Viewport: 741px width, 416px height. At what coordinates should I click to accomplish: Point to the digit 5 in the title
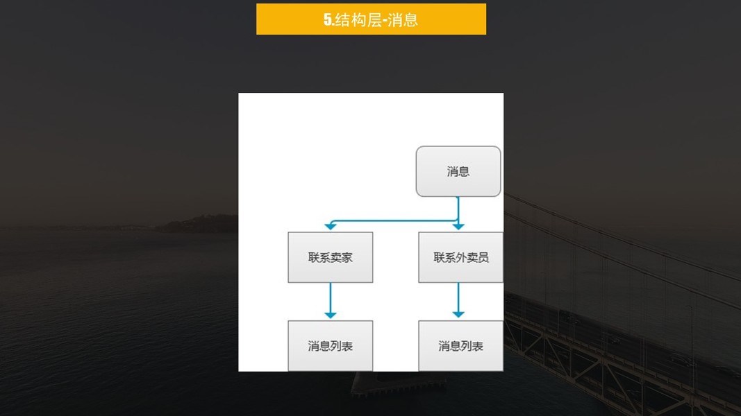pos(327,20)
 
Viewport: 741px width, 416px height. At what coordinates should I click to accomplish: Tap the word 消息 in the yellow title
pos(403,20)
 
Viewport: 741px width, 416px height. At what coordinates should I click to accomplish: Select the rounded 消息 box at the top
pos(458,171)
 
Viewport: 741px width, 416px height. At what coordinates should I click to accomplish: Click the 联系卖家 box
pos(330,257)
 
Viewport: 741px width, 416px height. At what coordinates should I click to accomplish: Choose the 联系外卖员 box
pos(460,257)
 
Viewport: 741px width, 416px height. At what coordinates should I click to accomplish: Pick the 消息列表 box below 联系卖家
pos(330,345)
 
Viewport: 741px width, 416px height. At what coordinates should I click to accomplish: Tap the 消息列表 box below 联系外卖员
pos(460,345)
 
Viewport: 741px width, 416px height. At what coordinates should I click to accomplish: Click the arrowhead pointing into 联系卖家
pos(331,227)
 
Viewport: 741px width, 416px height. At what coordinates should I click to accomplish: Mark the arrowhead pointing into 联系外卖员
pos(458,227)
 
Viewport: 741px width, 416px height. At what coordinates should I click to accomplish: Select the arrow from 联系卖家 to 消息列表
pos(331,300)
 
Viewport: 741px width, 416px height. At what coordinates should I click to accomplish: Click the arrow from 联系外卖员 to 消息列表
pos(458,300)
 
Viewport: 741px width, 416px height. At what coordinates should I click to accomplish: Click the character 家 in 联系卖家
pos(347,257)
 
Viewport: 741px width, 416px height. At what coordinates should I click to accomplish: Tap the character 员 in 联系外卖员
pos(483,257)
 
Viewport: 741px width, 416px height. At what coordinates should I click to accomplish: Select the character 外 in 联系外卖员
pos(461,257)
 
